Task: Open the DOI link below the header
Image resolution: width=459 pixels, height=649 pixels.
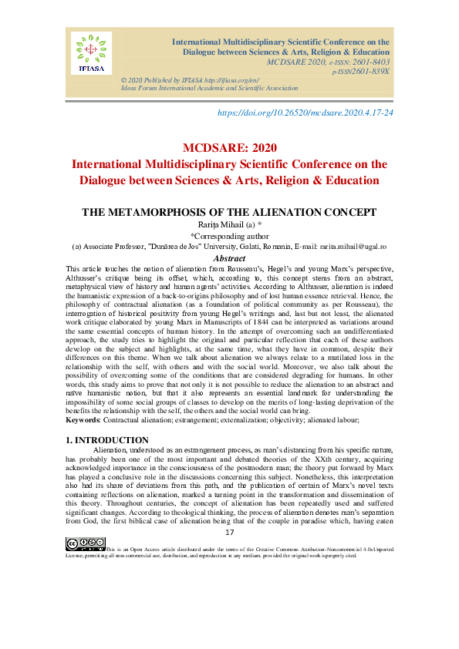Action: coord(306,113)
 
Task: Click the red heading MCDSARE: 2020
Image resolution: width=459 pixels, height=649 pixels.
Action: coord(229,148)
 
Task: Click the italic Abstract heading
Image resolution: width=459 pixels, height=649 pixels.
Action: coord(229,258)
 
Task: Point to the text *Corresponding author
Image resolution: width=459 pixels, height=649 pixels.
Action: coord(229,235)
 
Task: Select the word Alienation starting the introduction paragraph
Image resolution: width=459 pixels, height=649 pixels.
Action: coord(110,449)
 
